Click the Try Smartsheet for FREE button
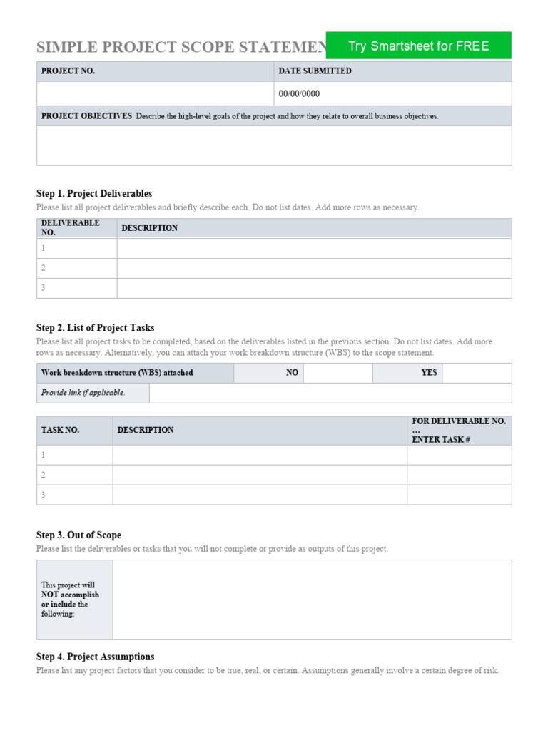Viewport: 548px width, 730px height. (x=418, y=46)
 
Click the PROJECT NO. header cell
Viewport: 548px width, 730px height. (x=68, y=71)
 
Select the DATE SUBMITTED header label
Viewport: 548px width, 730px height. (x=315, y=71)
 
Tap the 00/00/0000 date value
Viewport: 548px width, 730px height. (x=299, y=93)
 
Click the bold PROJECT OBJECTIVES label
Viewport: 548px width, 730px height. (x=86, y=116)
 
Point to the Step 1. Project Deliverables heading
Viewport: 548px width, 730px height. (x=94, y=194)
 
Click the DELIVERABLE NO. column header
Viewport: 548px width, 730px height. (x=71, y=227)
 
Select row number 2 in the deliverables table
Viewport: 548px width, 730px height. (x=44, y=268)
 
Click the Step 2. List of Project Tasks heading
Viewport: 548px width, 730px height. (x=95, y=328)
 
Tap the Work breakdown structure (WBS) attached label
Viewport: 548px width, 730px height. (x=117, y=373)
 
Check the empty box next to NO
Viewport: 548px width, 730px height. (x=338, y=373)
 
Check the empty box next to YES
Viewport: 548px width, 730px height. (x=476, y=373)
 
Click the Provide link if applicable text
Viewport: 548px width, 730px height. (x=83, y=393)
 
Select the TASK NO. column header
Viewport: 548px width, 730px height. (x=61, y=431)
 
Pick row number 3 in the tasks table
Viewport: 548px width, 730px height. (x=44, y=495)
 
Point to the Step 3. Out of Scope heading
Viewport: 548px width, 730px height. (x=78, y=535)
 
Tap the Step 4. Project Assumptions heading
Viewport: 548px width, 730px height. (x=95, y=657)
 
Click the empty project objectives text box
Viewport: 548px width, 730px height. (x=274, y=145)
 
